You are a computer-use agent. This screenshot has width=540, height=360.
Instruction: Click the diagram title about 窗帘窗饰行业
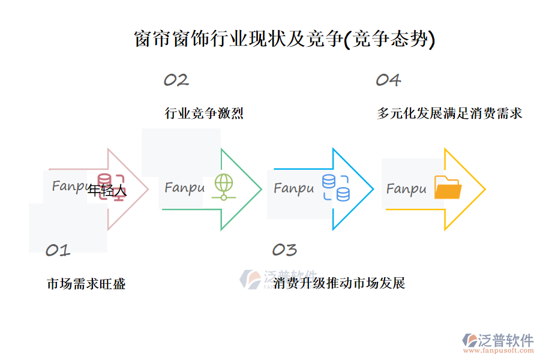point(283,39)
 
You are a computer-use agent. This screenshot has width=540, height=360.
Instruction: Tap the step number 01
point(58,250)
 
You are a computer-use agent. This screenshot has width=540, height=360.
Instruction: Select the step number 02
point(176,80)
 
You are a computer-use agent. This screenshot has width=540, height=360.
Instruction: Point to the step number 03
point(284,250)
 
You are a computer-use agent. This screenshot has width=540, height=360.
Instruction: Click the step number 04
point(388,80)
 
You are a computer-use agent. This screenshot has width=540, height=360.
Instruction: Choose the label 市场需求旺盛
point(86,284)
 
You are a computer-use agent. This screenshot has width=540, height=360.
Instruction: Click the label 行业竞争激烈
point(204,113)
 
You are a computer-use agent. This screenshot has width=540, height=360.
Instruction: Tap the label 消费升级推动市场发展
point(339,283)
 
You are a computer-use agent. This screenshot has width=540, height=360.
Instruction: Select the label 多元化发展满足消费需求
point(449,113)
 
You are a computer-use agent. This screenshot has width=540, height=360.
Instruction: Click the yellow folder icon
point(448,187)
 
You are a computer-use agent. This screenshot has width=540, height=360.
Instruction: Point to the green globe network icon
point(223,187)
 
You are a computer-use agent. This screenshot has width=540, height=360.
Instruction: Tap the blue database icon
point(336,187)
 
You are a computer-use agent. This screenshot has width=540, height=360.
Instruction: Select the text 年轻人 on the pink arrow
point(107,191)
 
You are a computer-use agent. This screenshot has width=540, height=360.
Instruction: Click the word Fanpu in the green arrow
point(184,188)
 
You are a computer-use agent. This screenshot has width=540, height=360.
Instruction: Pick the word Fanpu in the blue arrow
point(293,188)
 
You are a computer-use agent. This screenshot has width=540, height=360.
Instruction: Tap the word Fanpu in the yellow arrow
point(406,189)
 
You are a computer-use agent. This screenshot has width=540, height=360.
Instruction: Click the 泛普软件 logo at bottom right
point(498,340)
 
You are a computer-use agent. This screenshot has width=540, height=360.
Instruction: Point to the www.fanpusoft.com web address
point(502,351)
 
